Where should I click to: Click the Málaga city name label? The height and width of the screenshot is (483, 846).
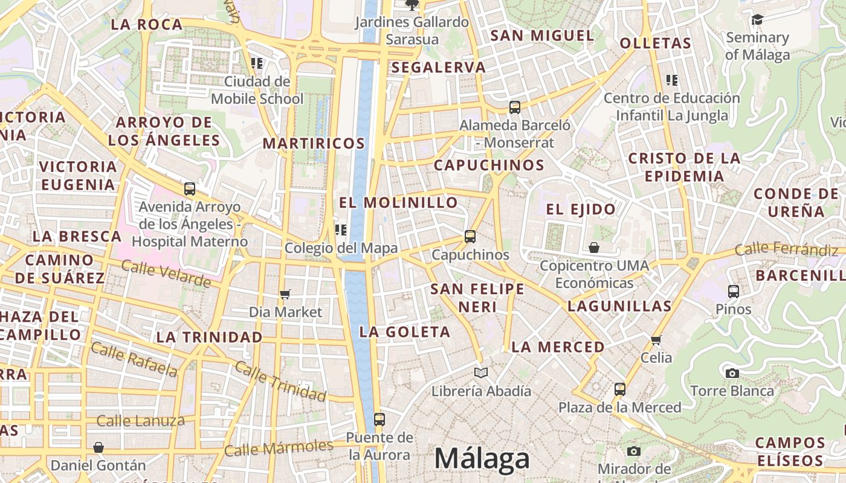(482, 459)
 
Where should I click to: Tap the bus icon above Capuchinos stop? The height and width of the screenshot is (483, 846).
(470, 237)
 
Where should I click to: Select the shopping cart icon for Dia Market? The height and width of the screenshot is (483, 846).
(285, 294)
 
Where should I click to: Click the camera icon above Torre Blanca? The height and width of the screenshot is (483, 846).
(732, 373)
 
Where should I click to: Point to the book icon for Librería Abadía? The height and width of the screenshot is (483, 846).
(480, 373)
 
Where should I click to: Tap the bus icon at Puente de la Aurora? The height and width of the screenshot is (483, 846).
(379, 419)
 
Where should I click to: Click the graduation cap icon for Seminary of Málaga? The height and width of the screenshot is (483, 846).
(757, 20)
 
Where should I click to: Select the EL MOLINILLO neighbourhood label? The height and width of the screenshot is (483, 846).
(398, 202)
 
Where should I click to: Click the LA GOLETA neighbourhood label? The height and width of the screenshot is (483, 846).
(405, 331)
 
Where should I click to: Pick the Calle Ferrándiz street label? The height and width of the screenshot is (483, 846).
(786, 249)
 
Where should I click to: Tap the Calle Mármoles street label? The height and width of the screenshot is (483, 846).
(279, 448)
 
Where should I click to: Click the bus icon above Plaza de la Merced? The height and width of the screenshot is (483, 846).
(619, 389)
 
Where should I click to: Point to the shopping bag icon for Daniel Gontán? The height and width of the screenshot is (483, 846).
(98, 447)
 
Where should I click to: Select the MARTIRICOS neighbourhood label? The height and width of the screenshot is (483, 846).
(314, 144)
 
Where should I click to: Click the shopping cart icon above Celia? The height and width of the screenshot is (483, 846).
(656, 340)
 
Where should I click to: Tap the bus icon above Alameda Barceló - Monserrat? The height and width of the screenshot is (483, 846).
(515, 107)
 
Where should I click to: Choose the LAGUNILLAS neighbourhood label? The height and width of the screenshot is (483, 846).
(619, 306)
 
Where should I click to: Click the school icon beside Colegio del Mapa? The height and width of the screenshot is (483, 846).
(341, 229)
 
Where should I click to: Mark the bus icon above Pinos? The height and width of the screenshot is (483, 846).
(734, 292)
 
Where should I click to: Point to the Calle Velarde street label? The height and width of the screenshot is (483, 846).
(166, 273)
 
